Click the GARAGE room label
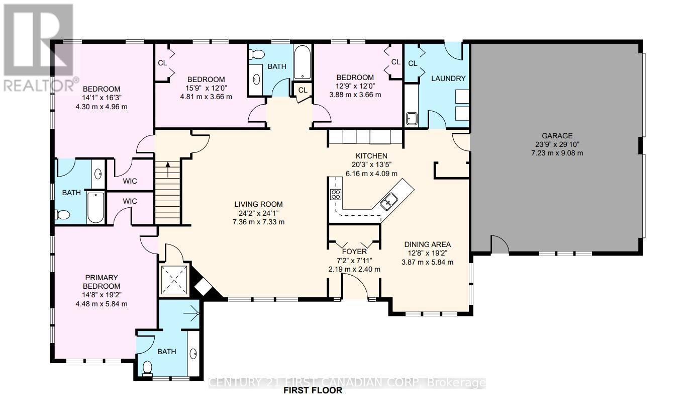click(x=557, y=136)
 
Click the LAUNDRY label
click(x=448, y=78)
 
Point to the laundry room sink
click(x=412, y=119)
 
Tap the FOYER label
click(x=354, y=252)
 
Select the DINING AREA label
click(x=428, y=244)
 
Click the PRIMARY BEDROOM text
click(x=101, y=282)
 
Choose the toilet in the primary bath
click(x=147, y=369)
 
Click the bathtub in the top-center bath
click(x=303, y=63)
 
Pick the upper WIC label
click(x=130, y=181)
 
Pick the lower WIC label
click(x=130, y=201)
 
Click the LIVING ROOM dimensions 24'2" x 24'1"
click(x=258, y=213)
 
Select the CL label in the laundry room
click(x=413, y=63)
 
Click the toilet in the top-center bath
click(x=257, y=54)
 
